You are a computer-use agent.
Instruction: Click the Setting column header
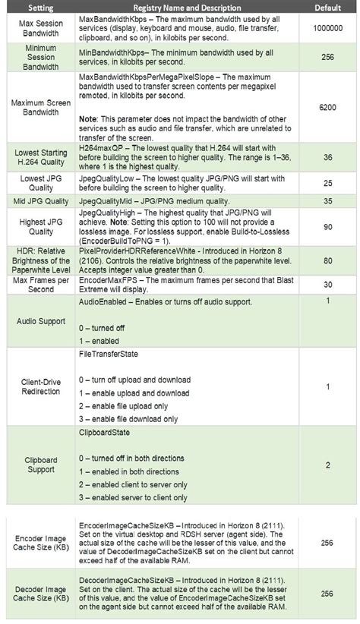click(39, 7)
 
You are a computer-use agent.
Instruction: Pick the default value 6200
click(327, 109)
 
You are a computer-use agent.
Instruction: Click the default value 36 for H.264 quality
click(327, 158)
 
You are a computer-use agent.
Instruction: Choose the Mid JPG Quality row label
click(39, 200)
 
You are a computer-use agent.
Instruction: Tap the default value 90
click(327, 227)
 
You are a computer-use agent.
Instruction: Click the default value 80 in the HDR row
click(327, 260)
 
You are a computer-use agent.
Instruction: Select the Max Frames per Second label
click(39, 285)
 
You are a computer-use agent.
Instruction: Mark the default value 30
click(327, 285)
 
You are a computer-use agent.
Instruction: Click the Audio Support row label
click(39, 322)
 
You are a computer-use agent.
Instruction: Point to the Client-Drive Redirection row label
click(39, 386)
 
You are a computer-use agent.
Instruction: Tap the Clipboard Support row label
click(39, 465)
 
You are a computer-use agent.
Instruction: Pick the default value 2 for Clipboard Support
click(327, 465)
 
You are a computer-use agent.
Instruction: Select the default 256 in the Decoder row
click(327, 594)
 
